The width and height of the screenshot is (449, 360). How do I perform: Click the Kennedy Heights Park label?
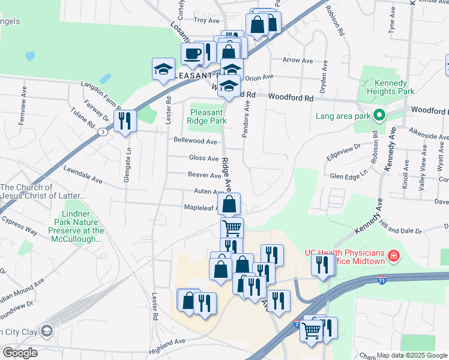[x=387, y=87]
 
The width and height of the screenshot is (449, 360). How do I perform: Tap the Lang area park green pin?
[x=379, y=115]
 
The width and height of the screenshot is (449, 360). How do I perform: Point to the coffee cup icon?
[x=192, y=53]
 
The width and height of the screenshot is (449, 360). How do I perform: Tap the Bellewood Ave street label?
[x=195, y=141]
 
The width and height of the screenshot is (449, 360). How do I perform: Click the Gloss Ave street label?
[x=204, y=158]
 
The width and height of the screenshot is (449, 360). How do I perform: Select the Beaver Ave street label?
[x=205, y=175]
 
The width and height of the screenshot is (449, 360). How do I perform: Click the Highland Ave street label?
[x=167, y=341]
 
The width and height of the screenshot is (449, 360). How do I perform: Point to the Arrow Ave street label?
[x=298, y=61]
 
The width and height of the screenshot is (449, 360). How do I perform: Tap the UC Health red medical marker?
[x=394, y=257]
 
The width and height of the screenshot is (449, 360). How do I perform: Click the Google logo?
[x=20, y=353]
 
